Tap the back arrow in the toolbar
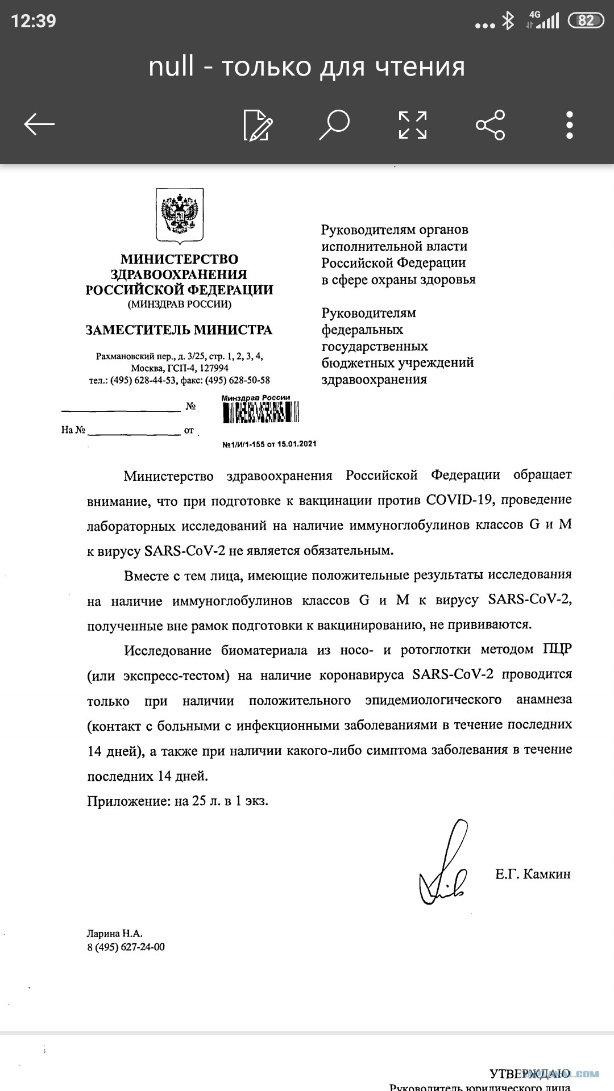(x=39, y=124)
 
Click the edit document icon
(x=258, y=124)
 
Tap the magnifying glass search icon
(x=334, y=124)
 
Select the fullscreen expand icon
(x=412, y=124)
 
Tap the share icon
(x=490, y=124)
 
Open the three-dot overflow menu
(x=569, y=124)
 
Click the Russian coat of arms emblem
(x=180, y=216)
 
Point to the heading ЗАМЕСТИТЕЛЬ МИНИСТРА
(x=179, y=330)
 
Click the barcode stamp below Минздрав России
(x=260, y=413)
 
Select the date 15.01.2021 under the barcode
(x=297, y=444)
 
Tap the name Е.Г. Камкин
(x=533, y=874)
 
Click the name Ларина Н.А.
(x=115, y=933)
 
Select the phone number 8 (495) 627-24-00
(x=126, y=947)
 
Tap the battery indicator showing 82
(x=586, y=21)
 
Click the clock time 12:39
(x=34, y=21)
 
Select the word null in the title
(x=171, y=66)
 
